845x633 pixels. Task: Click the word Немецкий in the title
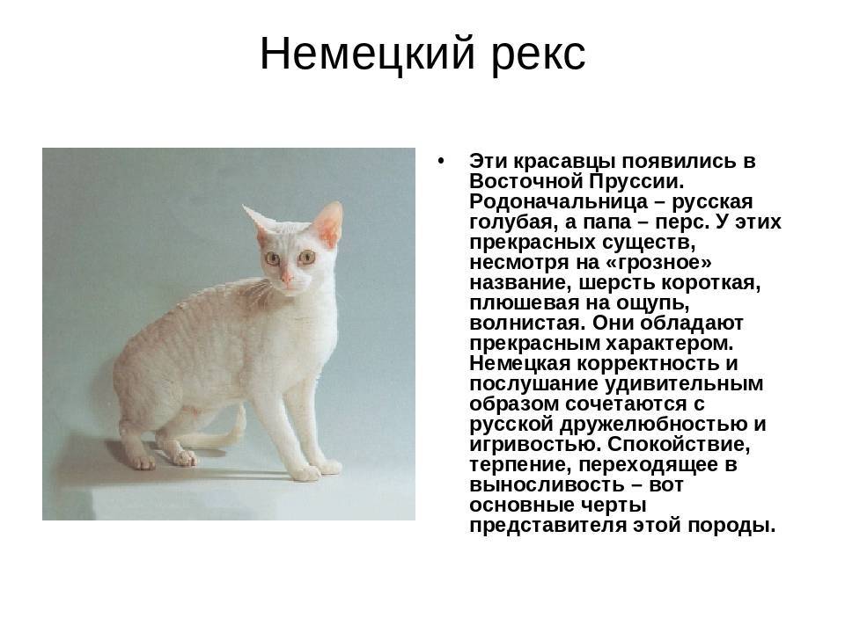pos(368,55)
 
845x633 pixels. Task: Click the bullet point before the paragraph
pos(442,160)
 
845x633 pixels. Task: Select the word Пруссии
pos(637,181)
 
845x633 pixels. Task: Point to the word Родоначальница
pos(559,202)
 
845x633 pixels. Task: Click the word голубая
pos(513,222)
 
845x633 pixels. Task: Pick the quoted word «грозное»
pos(659,263)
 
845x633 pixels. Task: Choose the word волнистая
pos(527,323)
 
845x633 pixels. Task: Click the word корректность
pos(648,364)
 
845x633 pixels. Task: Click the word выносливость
pos(547,485)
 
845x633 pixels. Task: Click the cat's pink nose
pos(286,279)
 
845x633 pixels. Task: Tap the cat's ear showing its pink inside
pos(328,222)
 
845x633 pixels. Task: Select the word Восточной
pos(527,181)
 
